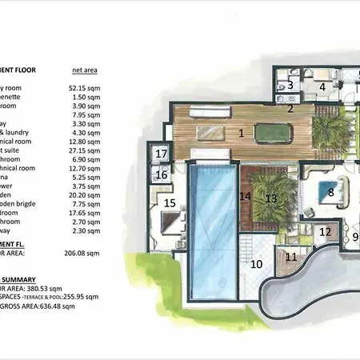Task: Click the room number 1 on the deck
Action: click(241, 132)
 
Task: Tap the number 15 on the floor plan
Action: click(170, 203)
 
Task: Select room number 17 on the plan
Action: click(162, 154)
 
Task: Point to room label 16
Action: click(162, 174)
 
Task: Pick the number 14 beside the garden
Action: click(245, 195)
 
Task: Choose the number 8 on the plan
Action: click(330, 192)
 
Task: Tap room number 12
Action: click(325, 233)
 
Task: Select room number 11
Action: click(290, 257)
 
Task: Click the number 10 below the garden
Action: click(257, 263)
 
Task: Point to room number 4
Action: click(323, 87)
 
